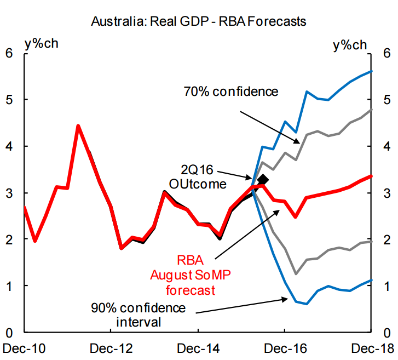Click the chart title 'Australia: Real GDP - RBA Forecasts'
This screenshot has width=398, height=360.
click(x=198, y=22)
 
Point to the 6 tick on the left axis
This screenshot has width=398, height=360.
click(x=9, y=53)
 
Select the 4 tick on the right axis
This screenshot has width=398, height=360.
click(x=387, y=146)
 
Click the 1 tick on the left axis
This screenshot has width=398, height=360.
click(x=9, y=286)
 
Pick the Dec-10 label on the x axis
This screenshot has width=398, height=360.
click(x=20, y=347)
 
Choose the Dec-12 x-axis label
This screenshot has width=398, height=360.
click(x=111, y=347)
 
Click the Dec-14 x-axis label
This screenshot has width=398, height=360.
click(x=198, y=347)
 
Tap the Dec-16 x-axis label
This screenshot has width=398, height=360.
click(x=285, y=347)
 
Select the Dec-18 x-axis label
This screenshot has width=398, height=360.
click(x=371, y=347)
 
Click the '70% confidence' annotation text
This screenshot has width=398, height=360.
click(x=230, y=91)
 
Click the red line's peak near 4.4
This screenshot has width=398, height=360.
click(x=78, y=126)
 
